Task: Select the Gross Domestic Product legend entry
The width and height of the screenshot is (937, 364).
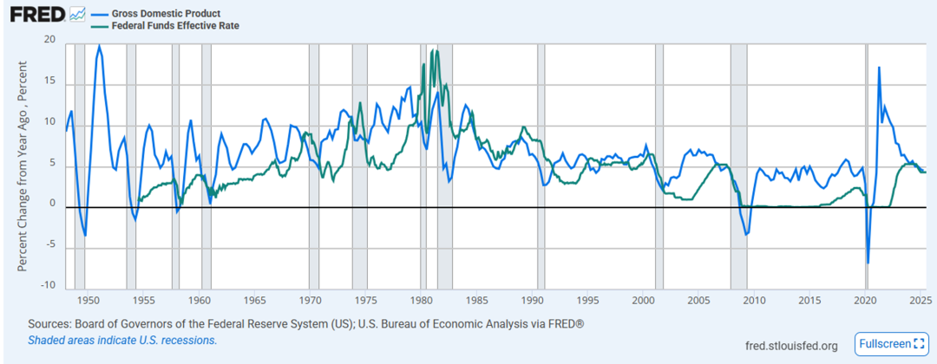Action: (x=165, y=14)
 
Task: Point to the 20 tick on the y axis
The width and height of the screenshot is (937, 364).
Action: (x=49, y=41)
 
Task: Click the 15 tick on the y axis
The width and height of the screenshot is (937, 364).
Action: (x=49, y=81)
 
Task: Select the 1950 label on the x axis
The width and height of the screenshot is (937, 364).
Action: (x=88, y=301)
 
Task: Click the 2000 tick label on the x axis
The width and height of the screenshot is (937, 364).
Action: (x=644, y=301)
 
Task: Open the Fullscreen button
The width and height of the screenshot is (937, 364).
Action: (x=891, y=344)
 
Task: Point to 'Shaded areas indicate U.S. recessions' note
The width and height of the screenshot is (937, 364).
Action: (x=122, y=341)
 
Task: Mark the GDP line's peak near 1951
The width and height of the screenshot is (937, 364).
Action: (x=99, y=45)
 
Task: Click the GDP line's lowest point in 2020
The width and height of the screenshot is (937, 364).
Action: (x=868, y=263)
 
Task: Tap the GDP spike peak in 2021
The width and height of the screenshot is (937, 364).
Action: (x=879, y=68)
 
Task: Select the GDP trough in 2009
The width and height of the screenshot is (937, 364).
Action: (x=745, y=235)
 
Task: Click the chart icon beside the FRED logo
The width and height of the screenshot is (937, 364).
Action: (x=78, y=14)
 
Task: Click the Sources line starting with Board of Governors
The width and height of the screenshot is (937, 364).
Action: (x=306, y=324)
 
